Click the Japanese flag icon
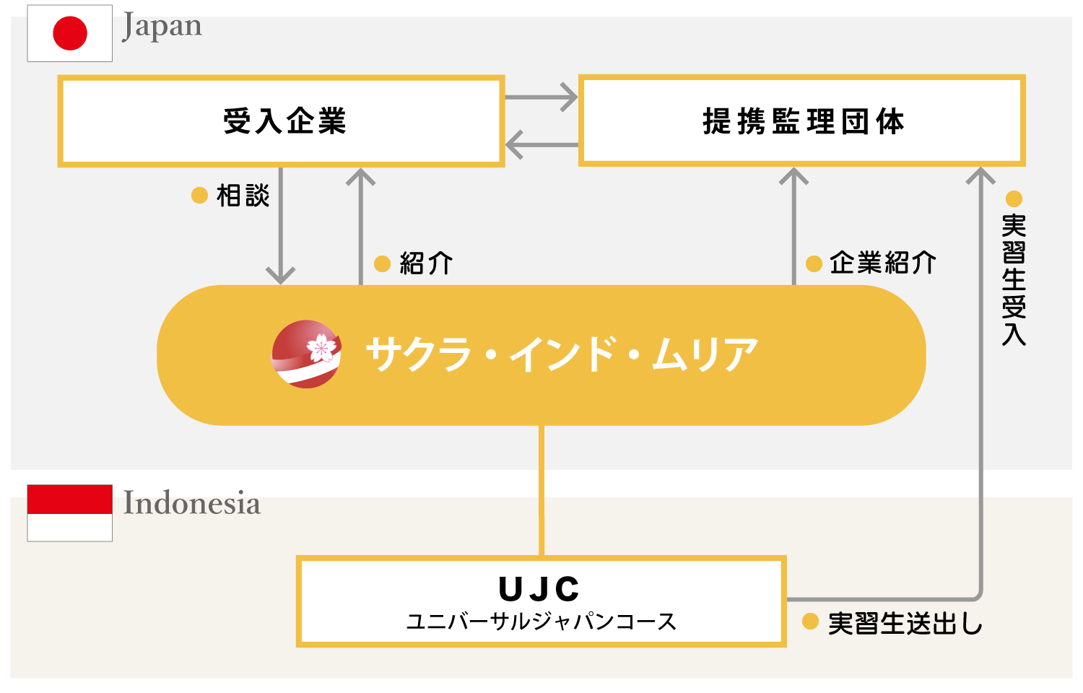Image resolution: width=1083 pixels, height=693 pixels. click(70, 33)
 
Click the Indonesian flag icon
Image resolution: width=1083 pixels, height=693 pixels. click(70, 513)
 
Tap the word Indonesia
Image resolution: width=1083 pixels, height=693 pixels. click(191, 503)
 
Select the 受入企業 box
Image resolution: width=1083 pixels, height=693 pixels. click(281, 121)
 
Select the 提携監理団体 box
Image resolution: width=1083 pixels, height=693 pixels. click(801, 121)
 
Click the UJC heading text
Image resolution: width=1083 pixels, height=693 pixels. click(539, 589)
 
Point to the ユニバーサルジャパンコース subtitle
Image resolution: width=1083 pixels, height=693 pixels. click(541, 622)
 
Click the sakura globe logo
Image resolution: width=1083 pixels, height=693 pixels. click(307, 354)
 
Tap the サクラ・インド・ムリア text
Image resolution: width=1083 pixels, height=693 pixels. click(562, 354)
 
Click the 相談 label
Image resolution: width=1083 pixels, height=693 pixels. click(243, 196)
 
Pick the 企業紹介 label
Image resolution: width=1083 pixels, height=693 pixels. click(882, 263)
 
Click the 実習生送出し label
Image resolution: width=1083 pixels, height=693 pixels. click(905, 623)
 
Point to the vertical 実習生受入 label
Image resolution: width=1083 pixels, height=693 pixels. click(1014, 279)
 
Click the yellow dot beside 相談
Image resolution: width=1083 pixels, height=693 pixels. click(199, 196)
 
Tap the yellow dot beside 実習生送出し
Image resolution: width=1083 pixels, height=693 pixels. click(810, 622)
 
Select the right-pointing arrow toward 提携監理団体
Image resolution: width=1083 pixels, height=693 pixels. click(541, 97)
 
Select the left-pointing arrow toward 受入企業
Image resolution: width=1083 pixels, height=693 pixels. click(541, 144)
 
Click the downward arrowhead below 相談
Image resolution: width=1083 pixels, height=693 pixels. click(280, 274)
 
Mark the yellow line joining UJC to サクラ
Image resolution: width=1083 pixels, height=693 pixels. click(541, 491)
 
